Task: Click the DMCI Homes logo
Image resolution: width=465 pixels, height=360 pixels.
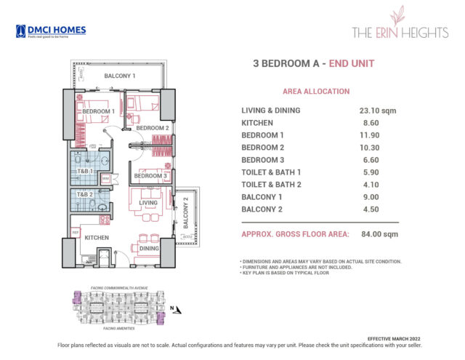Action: (50, 31)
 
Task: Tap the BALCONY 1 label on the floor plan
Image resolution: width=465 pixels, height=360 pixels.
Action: (120, 76)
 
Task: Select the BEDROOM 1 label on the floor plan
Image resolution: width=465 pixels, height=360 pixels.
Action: (98, 111)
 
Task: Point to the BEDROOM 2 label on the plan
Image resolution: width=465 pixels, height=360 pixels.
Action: (153, 129)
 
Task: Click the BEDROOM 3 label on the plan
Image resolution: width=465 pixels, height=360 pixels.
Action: (151, 176)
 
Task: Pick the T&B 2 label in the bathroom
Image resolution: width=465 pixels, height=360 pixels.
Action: (86, 195)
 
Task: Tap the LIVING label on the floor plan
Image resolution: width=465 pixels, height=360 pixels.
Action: (148, 203)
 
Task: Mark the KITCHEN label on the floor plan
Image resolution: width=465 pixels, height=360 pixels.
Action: (97, 238)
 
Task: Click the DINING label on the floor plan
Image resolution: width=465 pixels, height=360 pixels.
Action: (148, 249)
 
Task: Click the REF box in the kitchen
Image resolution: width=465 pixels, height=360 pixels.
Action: (75, 233)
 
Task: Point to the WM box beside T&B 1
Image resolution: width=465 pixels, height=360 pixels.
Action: (105, 177)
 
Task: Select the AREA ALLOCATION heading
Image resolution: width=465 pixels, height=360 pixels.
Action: (315, 92)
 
